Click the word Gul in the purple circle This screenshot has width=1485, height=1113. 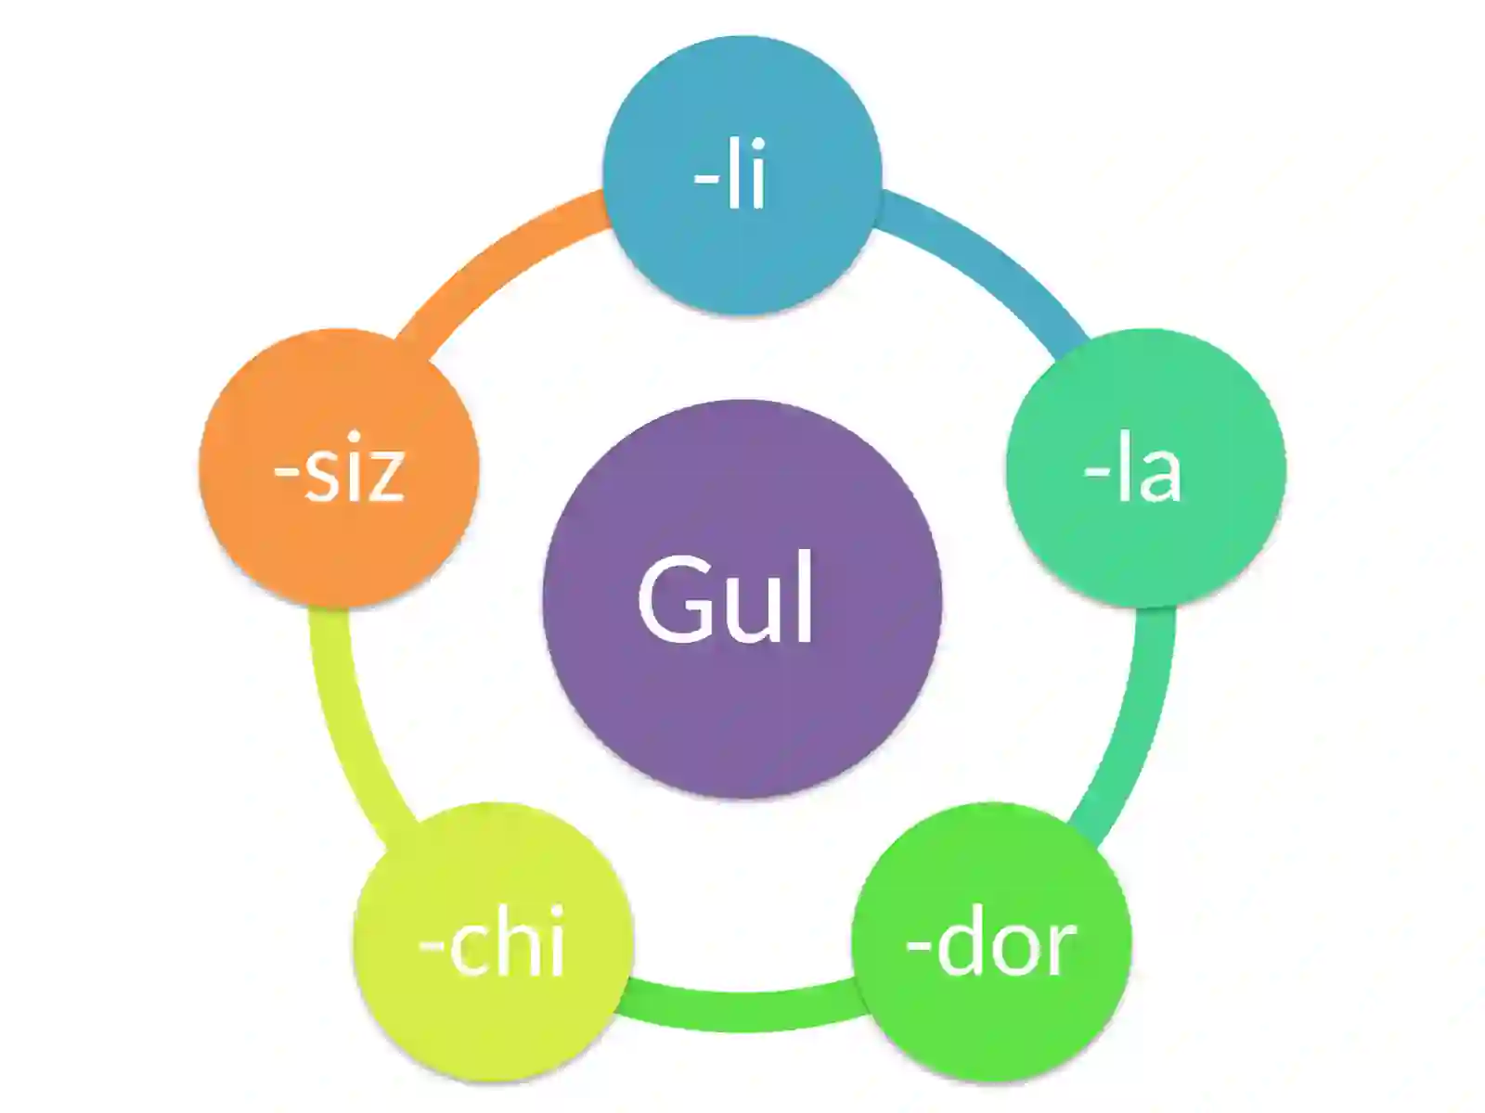(725, 598)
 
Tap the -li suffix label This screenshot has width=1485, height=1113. (730, 173)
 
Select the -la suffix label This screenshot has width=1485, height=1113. (1132, 466)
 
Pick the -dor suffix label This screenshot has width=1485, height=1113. (990, 940)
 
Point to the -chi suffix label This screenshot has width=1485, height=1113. (492, 940)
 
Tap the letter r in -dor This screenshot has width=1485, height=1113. (1060, 950)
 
